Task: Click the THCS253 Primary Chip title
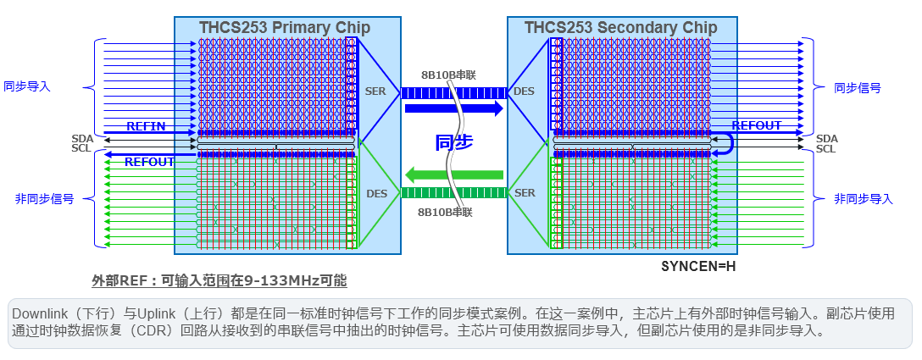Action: [285, 28]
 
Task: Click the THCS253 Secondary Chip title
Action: [620, 28]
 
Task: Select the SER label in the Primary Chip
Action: [375, 91]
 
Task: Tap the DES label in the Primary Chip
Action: [375, 194]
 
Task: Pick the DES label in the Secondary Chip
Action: [525, 91]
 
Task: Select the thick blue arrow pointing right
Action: [454, 108]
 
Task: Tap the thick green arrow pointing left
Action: [454, 175]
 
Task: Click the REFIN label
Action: [146, 126]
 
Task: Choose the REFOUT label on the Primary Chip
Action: [149, 161]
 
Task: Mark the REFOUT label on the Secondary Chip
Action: [757, 125]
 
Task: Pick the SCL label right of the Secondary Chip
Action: [826, 149]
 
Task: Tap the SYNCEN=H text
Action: [698, 266]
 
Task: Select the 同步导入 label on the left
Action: [27, 86]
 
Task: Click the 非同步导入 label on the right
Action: [864, 198]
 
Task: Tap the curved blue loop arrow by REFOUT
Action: [725, 147]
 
